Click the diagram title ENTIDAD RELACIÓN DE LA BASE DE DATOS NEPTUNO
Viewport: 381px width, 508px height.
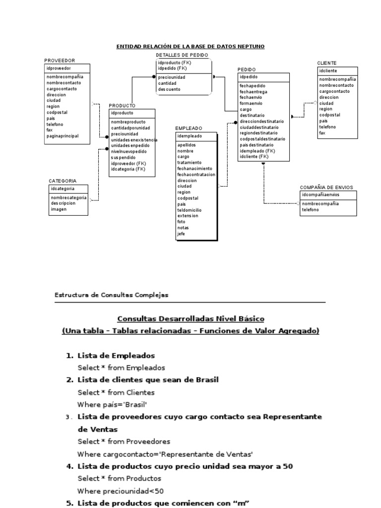point(190,47)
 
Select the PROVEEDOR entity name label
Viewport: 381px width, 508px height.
point(60,61)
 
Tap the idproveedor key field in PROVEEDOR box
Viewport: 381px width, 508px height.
point(59,68)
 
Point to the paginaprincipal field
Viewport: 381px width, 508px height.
point(63,136)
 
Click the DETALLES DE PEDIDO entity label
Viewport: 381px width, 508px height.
point(182,55)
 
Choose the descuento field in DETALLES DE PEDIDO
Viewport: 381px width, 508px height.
point(170,89)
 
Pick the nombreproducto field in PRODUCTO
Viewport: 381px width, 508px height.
point(128,122)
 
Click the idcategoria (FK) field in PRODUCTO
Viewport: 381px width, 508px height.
point(128,169)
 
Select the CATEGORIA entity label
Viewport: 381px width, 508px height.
point(63,181)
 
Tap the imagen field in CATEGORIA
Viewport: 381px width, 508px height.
point(59,209)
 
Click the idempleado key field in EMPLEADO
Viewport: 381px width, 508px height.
point(190,136)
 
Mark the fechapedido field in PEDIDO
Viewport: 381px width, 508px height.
point(253,86)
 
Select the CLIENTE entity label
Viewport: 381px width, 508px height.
point(327,63)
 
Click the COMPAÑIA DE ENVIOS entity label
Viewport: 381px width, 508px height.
point(326,188)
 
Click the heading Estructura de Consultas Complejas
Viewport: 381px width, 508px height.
point(111,295)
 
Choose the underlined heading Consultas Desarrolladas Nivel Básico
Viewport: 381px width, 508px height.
point(190,318)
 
